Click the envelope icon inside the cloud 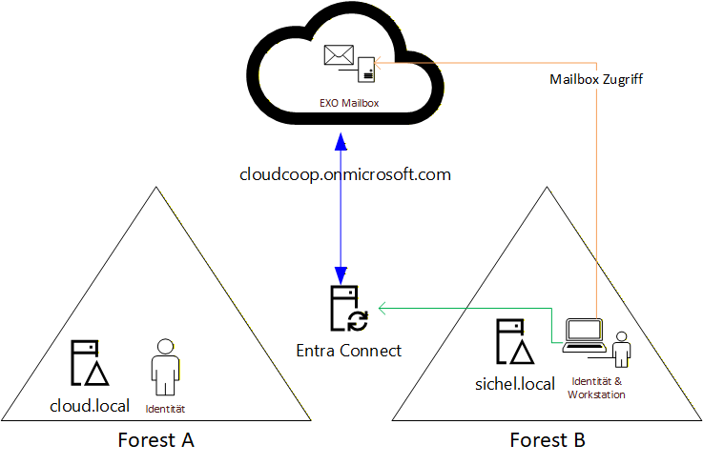(x=339, y=56)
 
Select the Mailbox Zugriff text (x=596, y=80)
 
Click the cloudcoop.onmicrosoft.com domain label (x=344, y=174)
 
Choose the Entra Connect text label (x=349, y=351)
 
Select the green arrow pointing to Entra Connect (x=458, y=307)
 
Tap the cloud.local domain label (x=90, y=406)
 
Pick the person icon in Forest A (x=164, y=366)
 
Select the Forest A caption (x=155, y=440)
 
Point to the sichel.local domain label (x=514, y=384)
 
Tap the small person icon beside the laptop (x=621, y=349)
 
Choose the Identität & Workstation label (x=596, y=388)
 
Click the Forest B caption (x=548, y=440)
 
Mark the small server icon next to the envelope (x=366, y=68)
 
